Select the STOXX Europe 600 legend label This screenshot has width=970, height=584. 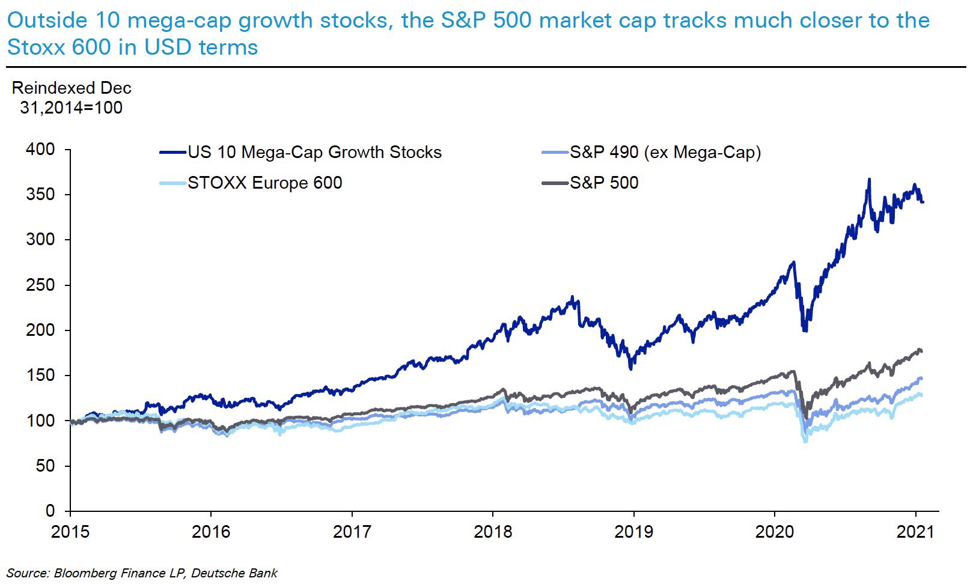click(x=264, y=183)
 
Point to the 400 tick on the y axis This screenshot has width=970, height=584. click(x=40, y=149)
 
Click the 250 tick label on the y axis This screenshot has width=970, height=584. click(x=40, y=285)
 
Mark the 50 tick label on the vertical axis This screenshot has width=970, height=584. click(x=45, y=466)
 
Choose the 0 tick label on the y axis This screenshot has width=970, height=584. click(x=50, y=511)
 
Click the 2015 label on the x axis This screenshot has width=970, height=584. click(x=70, y=532)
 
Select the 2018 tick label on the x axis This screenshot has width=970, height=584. click(x=493, y=532)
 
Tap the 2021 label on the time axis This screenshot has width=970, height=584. click(x=915, y=532)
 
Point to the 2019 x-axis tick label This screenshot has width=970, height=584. click(x=633, y=532)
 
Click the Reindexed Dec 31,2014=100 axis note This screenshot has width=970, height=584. click(x=71, y=98)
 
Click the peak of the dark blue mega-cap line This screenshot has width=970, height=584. click(x=868, y=179)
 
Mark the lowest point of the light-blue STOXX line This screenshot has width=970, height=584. click(x=805, y=442)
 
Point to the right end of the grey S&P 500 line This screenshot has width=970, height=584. click(x=922, y=351)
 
